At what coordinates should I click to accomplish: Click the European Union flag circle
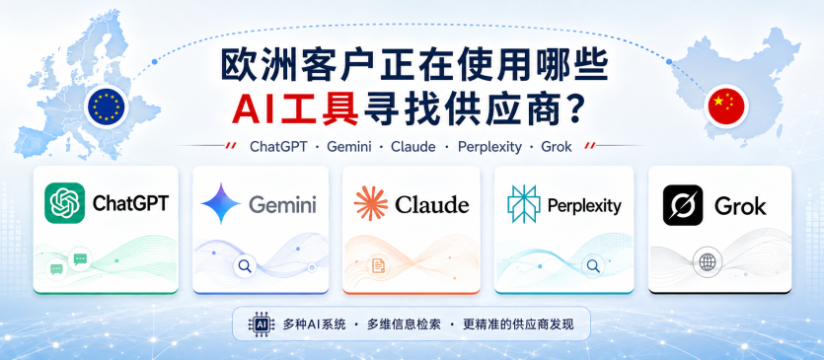(x=107, y=106)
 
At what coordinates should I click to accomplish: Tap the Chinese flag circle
(x=726, y=106)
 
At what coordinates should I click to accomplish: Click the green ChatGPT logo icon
(x=65, y=203)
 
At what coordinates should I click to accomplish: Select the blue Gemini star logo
(x=221, y=203)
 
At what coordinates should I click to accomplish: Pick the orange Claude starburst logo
(x=371, y=203)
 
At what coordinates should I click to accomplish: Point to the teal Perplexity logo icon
(x=523, y=204)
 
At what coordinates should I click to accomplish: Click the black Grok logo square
(x=683, y=205)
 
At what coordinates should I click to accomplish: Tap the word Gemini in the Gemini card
(x=282, y=204)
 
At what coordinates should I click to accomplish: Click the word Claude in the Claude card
(x=432, y=204)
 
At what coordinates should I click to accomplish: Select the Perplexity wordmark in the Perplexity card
(x=584, y=205)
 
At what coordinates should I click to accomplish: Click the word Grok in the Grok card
(x=740, y=205)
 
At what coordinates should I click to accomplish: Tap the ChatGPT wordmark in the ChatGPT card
(x=130, y=203)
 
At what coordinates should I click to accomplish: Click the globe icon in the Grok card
(x=708, y=261)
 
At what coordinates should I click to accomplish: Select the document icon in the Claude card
(x=378, y=265)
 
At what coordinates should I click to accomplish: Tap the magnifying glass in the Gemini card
(x=245, y=266)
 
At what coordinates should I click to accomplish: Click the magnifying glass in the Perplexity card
(x=593, y=266)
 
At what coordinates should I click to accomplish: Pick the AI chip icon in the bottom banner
(x=262, y=324)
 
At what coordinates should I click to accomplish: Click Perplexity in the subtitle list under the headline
(x=489, y=147)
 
